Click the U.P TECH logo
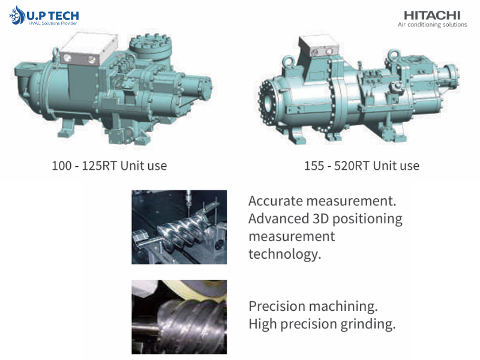click(44, 16)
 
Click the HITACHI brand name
click(432, 15)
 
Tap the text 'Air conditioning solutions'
click(432, 25)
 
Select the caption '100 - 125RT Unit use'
click(109, 166)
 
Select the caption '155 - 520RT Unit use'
click(362, 166)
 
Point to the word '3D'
click(320, 218)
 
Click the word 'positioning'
click(367, 219)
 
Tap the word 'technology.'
click(284, 254)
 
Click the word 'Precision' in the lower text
click(277, 306)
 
